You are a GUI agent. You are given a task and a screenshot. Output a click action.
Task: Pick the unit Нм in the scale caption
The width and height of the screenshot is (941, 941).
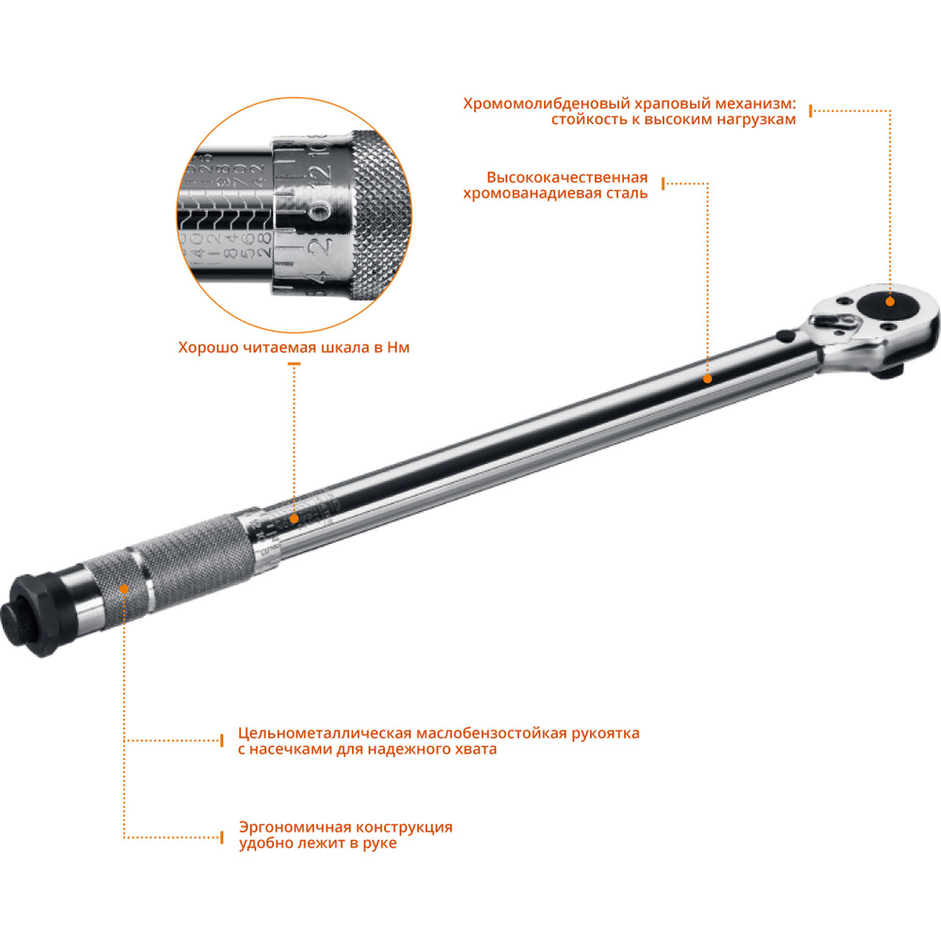pyautogui.click(x=399, y=347)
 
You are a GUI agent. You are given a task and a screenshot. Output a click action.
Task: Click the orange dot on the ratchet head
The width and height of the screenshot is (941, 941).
pyautogui.click(x=890, y=301)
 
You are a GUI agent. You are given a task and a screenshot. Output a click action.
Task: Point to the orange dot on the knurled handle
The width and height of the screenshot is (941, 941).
pyautogui.click(x=125, y=587)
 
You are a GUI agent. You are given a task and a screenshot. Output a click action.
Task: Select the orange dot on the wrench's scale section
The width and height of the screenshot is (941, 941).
pyautogui.click(x=294, y=518)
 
